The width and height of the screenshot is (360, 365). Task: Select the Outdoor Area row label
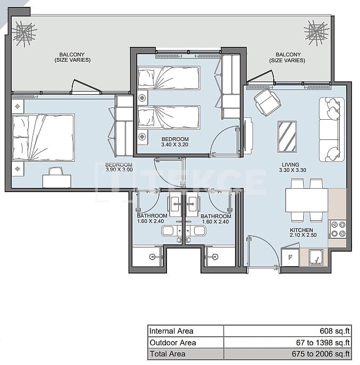click(x=172, y=343)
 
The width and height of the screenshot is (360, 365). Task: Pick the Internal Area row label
click(x=171, y=330)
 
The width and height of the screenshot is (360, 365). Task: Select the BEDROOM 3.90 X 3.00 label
click(x=119, y=168)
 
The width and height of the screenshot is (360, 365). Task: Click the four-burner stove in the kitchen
click(x=337, y=229)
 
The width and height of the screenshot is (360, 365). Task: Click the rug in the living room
click(x=287, y=137)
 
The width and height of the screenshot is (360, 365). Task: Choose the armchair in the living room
click(x=267, y=102)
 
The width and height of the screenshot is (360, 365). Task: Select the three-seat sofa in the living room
click(x=329, y=129)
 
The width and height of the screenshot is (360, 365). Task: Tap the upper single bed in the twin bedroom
click(x=169, y=78)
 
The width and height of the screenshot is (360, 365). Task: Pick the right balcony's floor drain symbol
click(x=317, y=30)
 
